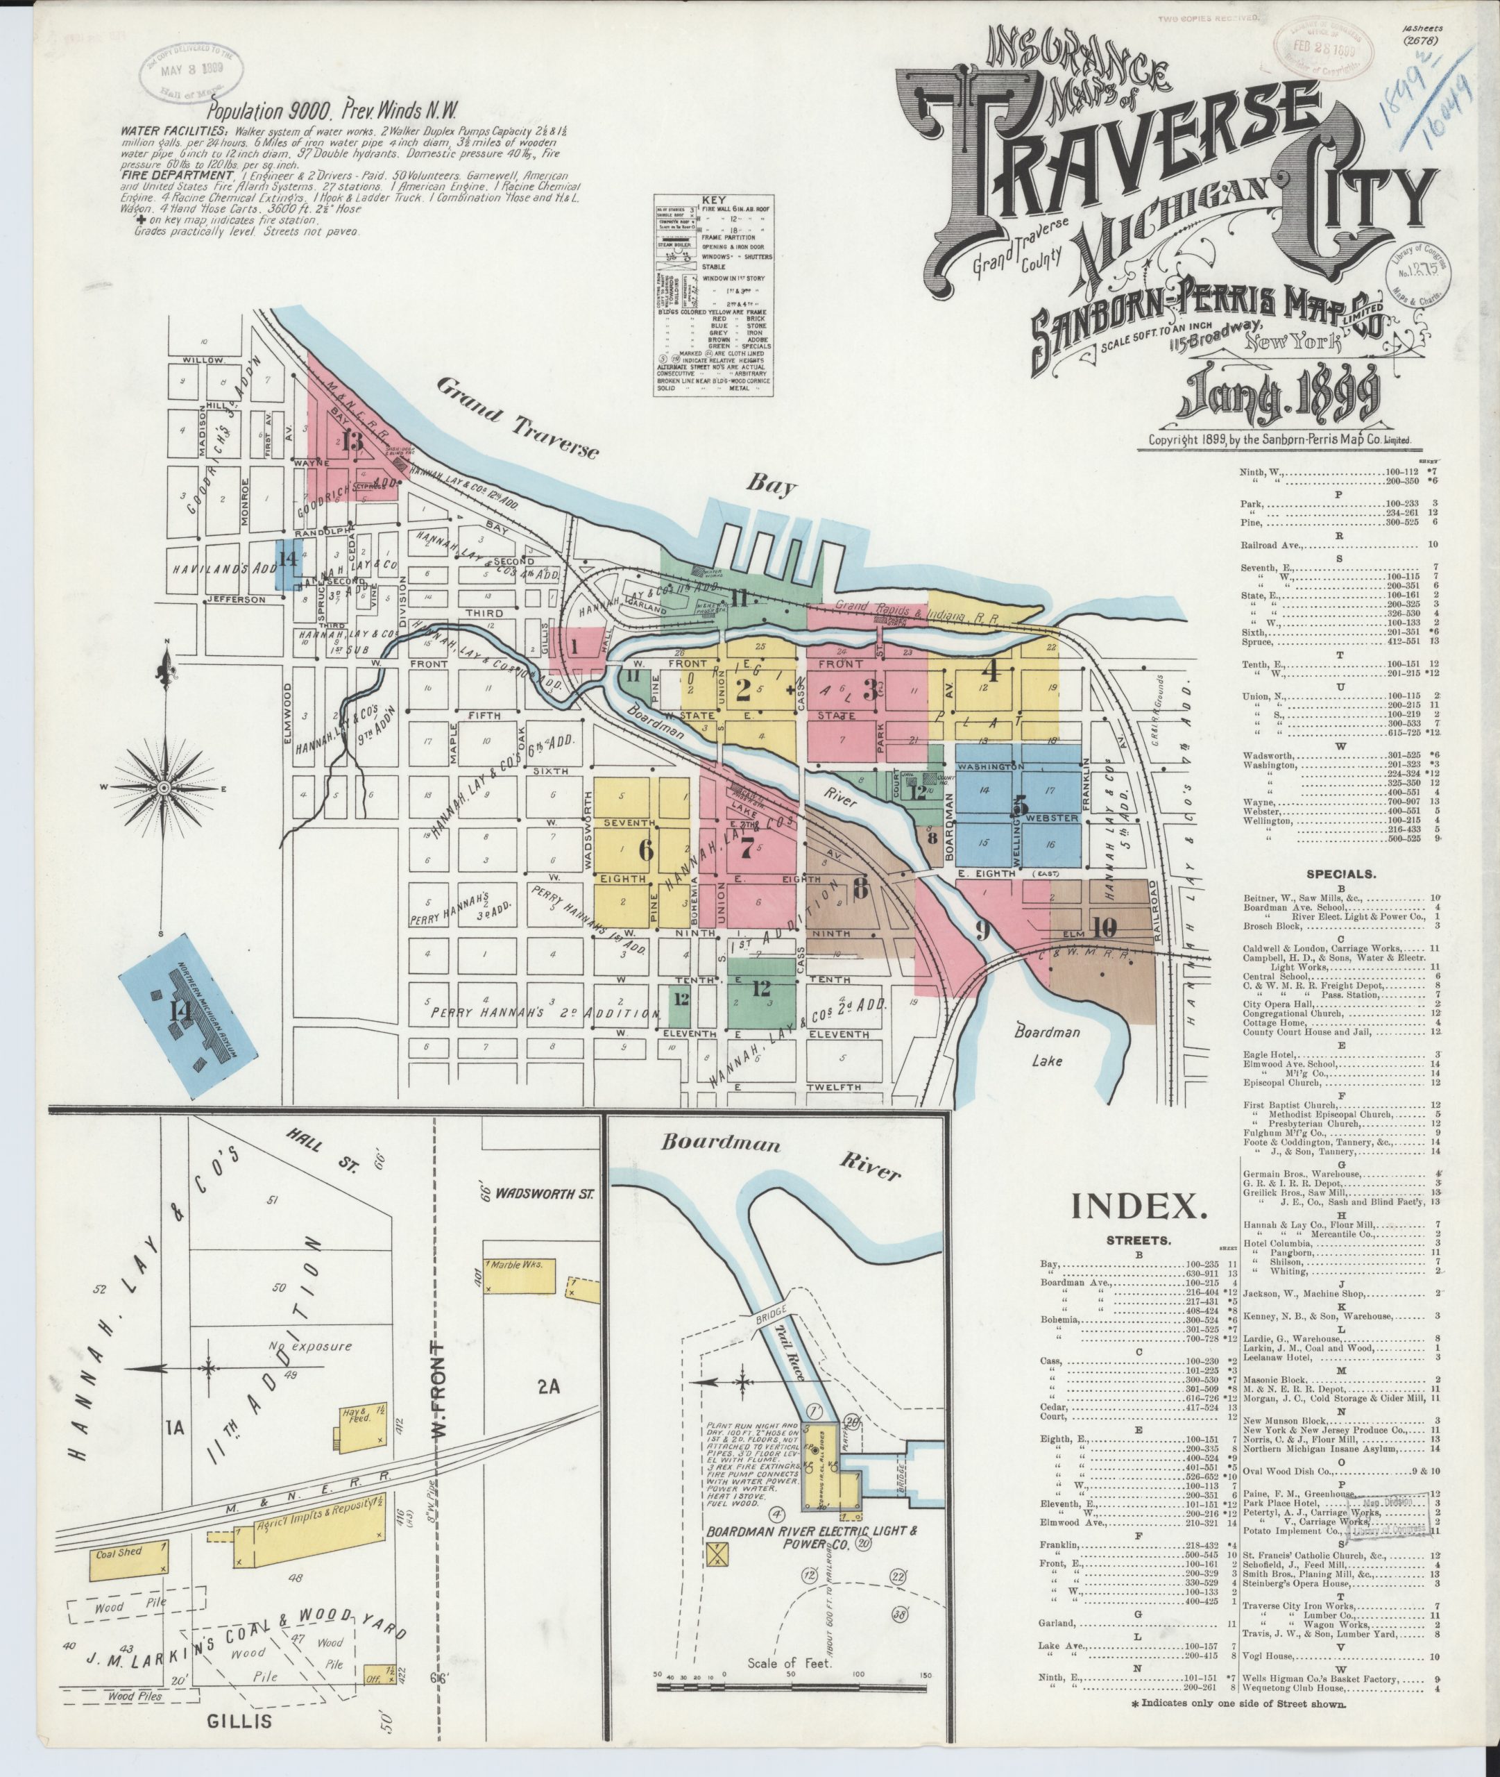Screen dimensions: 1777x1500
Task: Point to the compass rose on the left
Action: tap(162, 788)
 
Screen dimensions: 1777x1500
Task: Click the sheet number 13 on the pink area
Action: tap(351, 440)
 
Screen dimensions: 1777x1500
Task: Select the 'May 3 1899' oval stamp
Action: tap(191, 69)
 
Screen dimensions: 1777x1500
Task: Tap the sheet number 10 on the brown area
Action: tap(1104, 929)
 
